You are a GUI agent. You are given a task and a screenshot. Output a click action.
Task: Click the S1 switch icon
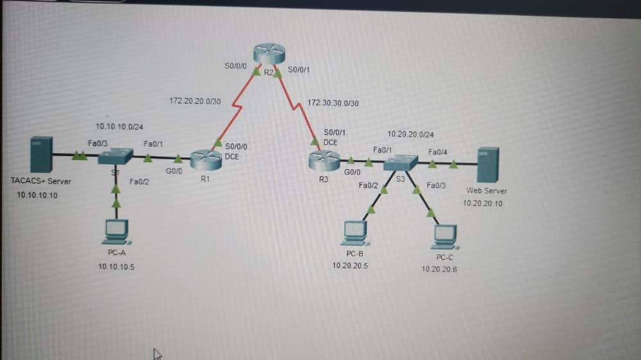coord(116,156)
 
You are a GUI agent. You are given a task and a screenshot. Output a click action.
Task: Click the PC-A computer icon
coord(116,232)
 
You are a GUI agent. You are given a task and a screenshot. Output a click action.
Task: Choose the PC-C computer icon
coord(445,236)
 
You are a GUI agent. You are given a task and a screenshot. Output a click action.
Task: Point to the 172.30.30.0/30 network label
coord(333,102)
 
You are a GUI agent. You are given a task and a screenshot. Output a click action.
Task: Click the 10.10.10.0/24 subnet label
coord(119,126)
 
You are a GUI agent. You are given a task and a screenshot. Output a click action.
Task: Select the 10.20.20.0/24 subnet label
coord(410,135)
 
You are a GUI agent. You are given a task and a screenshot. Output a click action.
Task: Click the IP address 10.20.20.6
coord(440,269)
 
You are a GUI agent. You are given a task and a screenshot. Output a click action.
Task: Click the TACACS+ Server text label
coord(41,181)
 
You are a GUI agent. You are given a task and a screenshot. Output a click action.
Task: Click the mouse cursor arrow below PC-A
coord(156,353)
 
